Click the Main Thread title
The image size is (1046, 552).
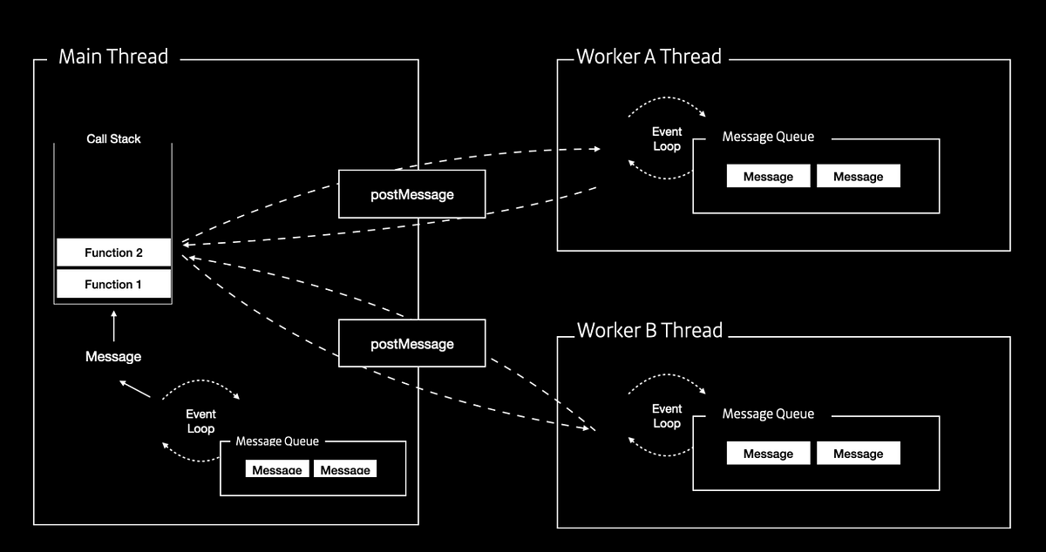[x=113, y=57]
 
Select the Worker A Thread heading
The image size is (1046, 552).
[x=649, y=57]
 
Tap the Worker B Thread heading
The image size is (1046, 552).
[x=649, y=331]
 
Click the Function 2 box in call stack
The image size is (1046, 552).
[x=113, y=252]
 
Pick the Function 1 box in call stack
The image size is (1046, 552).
[x=113, y=284]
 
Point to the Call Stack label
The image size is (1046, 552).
[x=113, y=138]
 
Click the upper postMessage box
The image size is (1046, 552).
[x=411, y=194]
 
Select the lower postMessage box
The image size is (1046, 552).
[x=411, y=343]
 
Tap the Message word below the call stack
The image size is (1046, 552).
[x=113, y=356]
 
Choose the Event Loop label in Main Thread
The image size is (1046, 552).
[x=200, y=421]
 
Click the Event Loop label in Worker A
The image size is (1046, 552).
[x=667, y=139]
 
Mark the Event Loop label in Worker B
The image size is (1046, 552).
[x=667, y=415]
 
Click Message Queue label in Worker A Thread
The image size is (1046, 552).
[x=768, y=138]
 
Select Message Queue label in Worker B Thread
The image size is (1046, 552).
[x=768, y=414]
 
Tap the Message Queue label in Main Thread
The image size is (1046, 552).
[x=277, y=441]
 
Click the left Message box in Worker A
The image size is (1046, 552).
[x=768, y=177]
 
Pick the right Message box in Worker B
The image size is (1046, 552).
[x=858, y=454]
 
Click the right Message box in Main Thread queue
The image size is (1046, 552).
[x=345, y=469]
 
